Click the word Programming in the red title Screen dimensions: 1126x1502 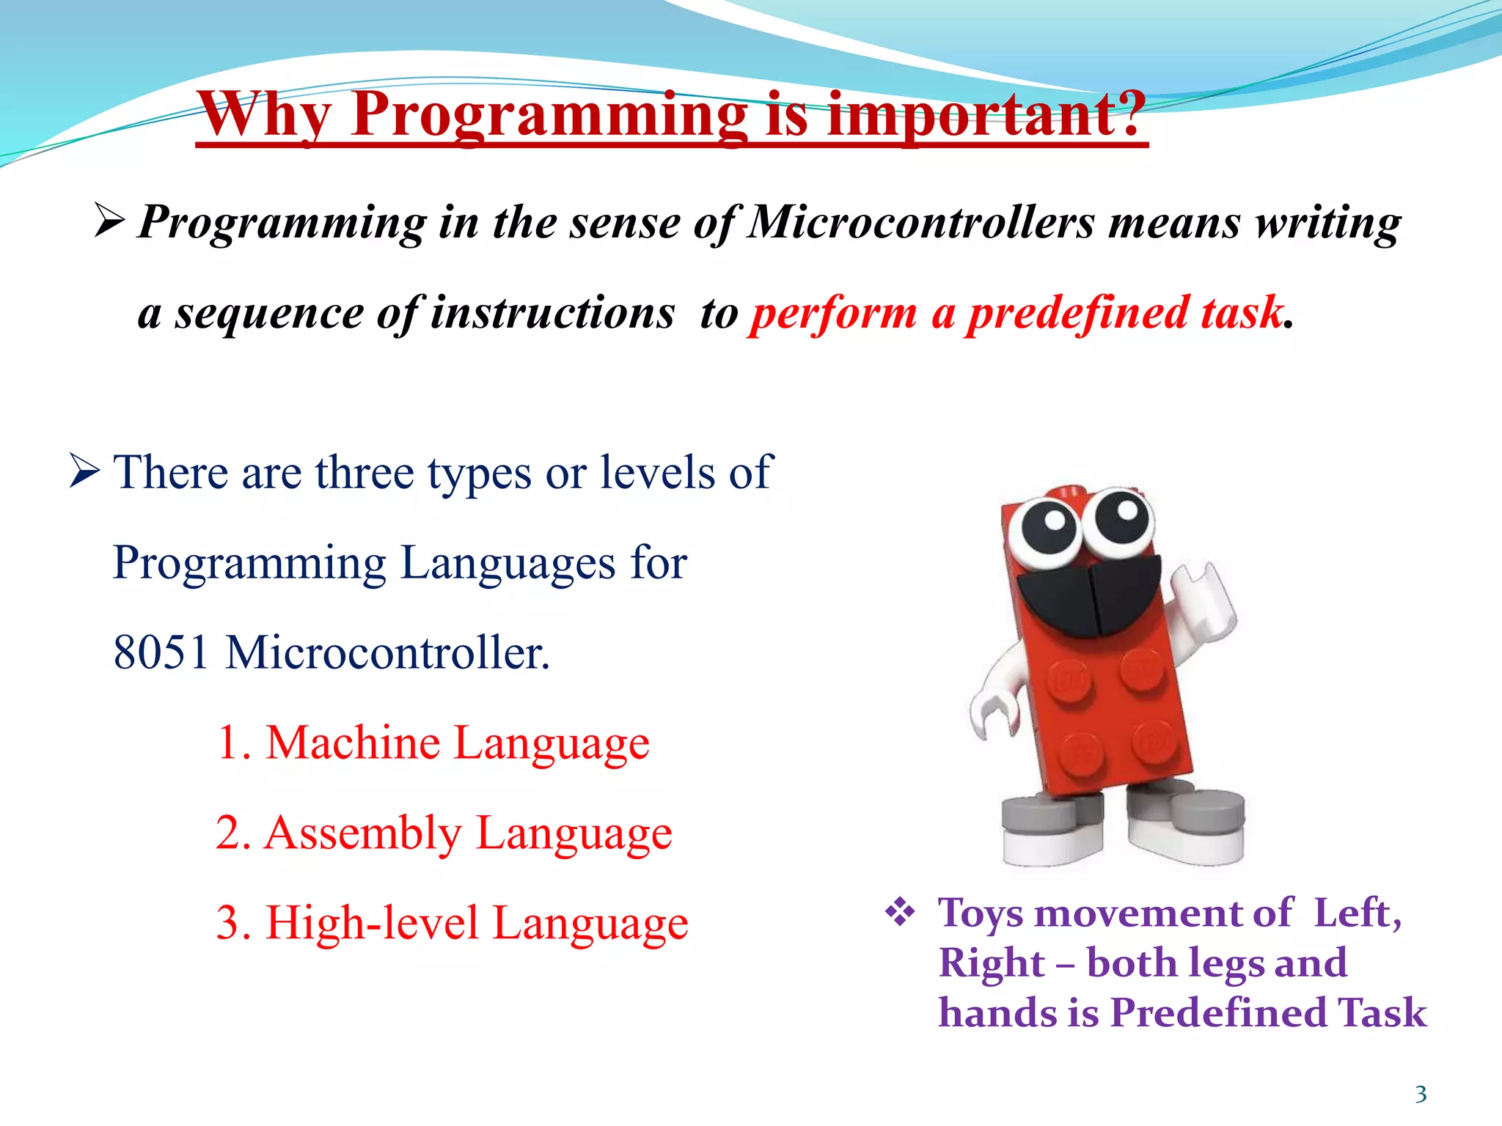click(549, 115)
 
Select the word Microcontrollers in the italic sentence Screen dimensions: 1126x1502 click(921, 222)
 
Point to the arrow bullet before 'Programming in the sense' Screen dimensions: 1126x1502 click(109, 221)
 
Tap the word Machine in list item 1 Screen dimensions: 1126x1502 click(353, 743)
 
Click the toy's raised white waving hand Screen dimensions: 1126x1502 click(1203, 601)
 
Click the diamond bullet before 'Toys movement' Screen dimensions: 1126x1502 click(900, 913)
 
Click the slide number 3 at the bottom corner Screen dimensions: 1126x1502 click(1421, 1094)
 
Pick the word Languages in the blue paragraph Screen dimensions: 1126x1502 click(508, 563)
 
